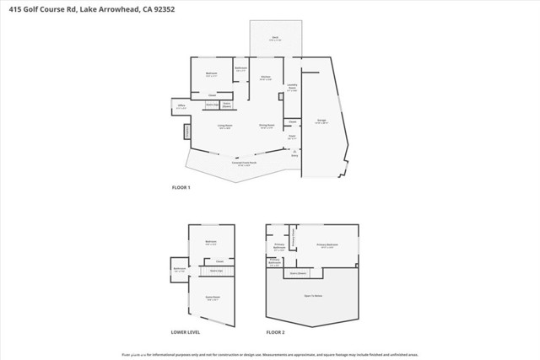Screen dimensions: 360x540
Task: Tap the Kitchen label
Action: click(x=265, y=78)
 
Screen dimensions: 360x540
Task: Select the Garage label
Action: click(x=321, y=121)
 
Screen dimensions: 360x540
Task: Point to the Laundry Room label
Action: click(x=292, y=89)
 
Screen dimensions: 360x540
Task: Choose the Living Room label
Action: click(x=225, y=127)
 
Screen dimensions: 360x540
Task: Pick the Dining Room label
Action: click(x=266, y=127)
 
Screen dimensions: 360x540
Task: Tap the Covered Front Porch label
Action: click(x=243, y=164)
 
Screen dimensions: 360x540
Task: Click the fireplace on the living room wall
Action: click(x=187, y=132)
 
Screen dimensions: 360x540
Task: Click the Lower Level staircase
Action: click(x=216, y=271)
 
